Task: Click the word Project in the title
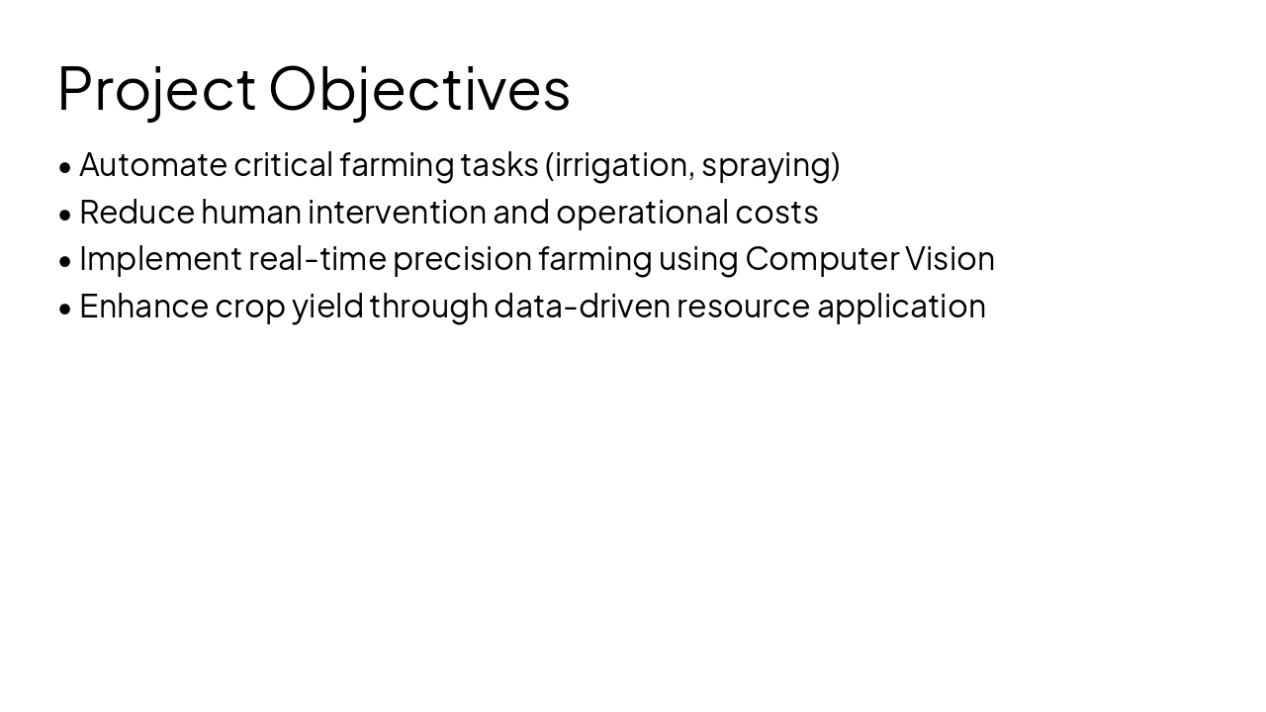156,88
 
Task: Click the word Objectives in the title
419,88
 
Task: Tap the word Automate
153,164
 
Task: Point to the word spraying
768,165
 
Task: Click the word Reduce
136,212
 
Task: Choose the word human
251,212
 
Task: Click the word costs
776,212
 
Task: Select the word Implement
160,258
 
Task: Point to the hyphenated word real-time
317,258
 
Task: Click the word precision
462,258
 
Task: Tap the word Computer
821,258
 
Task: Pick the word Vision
949,258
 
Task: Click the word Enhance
143,306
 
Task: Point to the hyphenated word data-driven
583,306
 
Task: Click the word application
901,306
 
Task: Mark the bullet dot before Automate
65,166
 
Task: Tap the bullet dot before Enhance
65,308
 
